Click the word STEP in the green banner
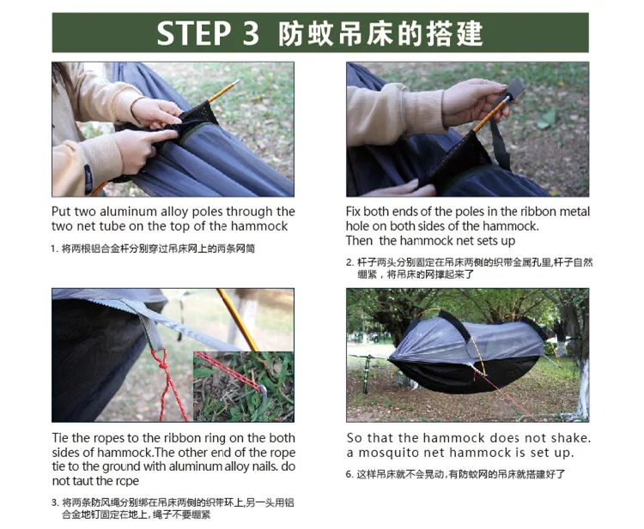click(x=193, y=33)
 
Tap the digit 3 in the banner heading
click(x=251, y=33)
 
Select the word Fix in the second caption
click(x=353, y=212)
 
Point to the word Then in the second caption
click(x=359, y=241)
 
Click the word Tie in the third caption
click(x=60, y=438)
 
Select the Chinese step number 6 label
click(x=349, y=475)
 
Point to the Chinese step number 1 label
click(x=55, y=249)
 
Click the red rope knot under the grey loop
click(x=162, y=362)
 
